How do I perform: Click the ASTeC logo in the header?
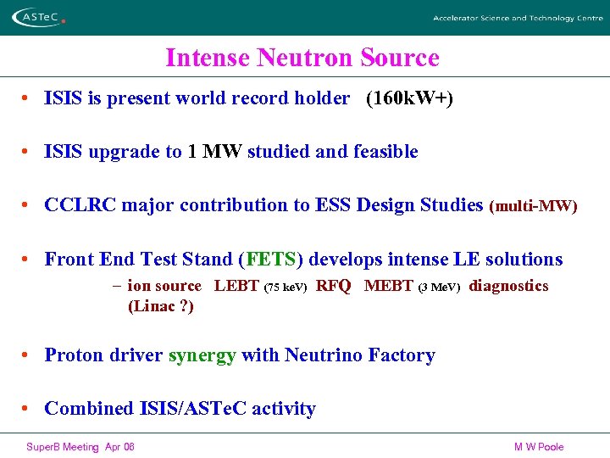coord(36,16)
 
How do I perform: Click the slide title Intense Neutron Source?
coord(302,58)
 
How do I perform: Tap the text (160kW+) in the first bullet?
coord(409,99)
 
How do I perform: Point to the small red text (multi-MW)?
coord(534,206)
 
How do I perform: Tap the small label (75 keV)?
coord(286,288)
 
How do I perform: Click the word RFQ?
coord(333,287)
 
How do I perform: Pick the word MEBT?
coord(388,287)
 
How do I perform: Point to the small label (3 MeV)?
coord(440,288)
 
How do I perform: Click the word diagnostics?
coord(508,287)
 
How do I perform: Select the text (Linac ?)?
coord(160,306)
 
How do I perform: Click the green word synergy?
coord(202,355)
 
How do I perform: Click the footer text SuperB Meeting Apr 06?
coord(80,447)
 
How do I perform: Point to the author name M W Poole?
coord(538,447)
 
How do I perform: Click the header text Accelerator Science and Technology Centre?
coord(518,18)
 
